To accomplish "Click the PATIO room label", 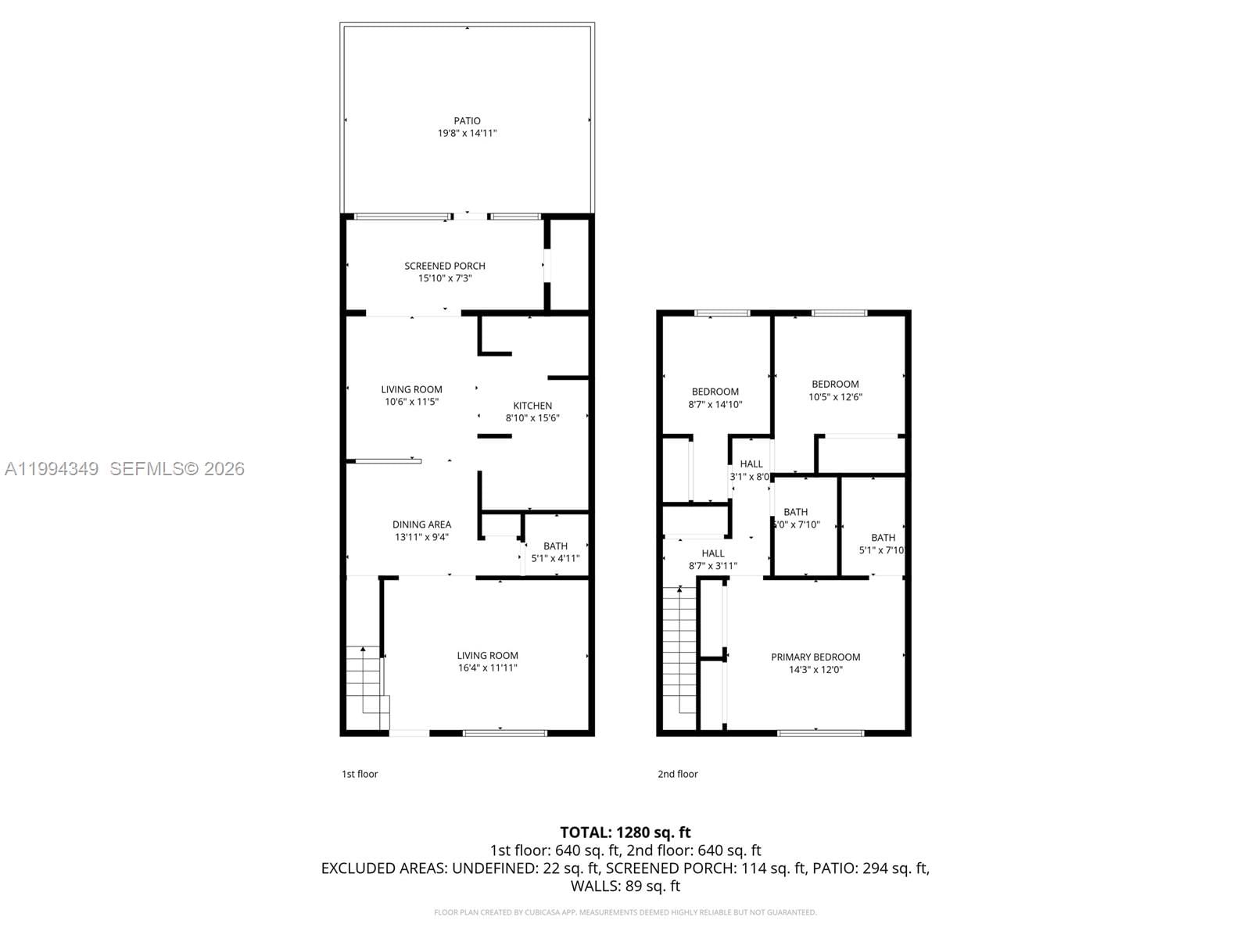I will pyautogui.click(x=467, y=120).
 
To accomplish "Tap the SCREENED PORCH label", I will pyautogui.click(x=445, y=266).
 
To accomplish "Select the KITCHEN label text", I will pyautogui.click(x=532, y=405).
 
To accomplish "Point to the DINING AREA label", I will pyautogui.click(x=421, y=524).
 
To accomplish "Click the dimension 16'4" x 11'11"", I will pyautogui.click(x=487, y=668).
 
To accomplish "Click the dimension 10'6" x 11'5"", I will pyautogui.click(x=411, y=402).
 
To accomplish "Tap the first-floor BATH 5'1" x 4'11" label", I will pyautogui.click(x=555, y=552).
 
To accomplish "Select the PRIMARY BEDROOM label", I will pyautogui.click(x=815, y=657).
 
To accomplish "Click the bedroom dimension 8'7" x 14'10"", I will pyautogui.click(x=715, y=404).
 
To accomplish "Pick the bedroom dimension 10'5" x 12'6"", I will pyautogui.click(x=835, y=396).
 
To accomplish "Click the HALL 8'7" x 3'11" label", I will pyautogui.click(x=712, y=560).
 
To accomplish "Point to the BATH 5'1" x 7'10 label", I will pyautogui.click(x=883, y=543).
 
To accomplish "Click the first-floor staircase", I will pyautogui.click(x=366, y=680).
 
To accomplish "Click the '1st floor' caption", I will pyautogui.click(x=360, y=774).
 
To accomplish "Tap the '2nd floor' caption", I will pyautogui.click(x=677, y=774).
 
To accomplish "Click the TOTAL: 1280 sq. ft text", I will pyautogui.click(x=625, y=832).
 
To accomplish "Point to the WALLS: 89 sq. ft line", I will pyautogui.click(x=625, y=886).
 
